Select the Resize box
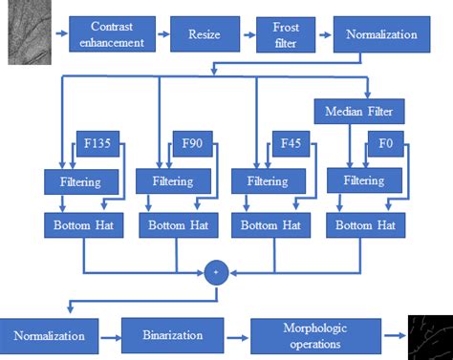[x=204, y=34]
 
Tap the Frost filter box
[x=286, y=34]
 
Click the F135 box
[x=97, y=146]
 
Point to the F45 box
[x=291, y=146]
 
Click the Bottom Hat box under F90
[x=179, y=225]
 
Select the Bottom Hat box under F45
[x=271, y=225]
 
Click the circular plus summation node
[x=216, y=273]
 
